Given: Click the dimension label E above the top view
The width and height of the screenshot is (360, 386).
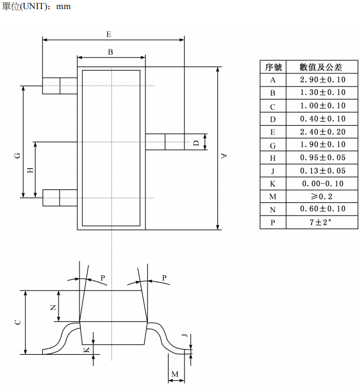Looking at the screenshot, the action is coord(108,34).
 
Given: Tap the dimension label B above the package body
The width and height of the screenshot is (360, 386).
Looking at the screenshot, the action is coord(110,52).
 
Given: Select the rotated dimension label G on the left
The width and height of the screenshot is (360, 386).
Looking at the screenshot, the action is coord(18,156).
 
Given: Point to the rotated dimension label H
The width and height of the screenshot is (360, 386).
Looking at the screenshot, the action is coord(30,170).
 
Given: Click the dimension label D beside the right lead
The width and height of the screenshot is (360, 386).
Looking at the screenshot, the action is coord(196,143).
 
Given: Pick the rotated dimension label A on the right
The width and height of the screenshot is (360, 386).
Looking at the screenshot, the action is coord(224,156).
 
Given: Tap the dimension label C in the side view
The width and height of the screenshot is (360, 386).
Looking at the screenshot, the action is coord(18,322).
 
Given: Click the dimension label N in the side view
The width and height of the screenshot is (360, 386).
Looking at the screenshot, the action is coord(53,307).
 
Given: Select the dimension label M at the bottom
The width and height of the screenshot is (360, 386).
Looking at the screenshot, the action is coord(175,374).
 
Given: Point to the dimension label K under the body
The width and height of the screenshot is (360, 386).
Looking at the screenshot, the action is coord(86,350).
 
